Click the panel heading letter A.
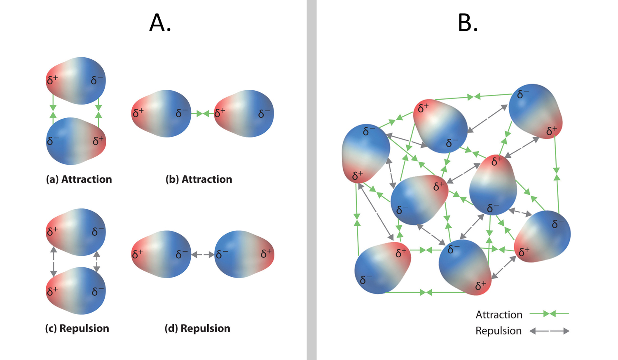(x=160, y=23)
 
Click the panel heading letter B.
(x=468, y=23)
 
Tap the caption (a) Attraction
(x=79, y=179)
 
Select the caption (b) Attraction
(x=199, y=179)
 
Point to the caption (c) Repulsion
(x=77, y=328)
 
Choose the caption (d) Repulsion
(x=197, y=328)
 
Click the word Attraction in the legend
(x=499, y=315)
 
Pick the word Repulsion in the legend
(x=499, y=331)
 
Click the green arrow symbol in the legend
(x=549, y=314)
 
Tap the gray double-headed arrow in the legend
(x=549, y=331)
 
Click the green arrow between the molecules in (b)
(x=202, y=113)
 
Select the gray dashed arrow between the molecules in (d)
(x=203, y=255)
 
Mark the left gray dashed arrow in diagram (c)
(x=53, y=261)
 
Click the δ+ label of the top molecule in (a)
(x=52, y=80)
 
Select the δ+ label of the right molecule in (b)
(x=220, y=112)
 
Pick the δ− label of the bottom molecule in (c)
(x=98, y=291)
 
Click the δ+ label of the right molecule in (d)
(x=266, y=253)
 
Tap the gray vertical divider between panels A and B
(x=311, y=180)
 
